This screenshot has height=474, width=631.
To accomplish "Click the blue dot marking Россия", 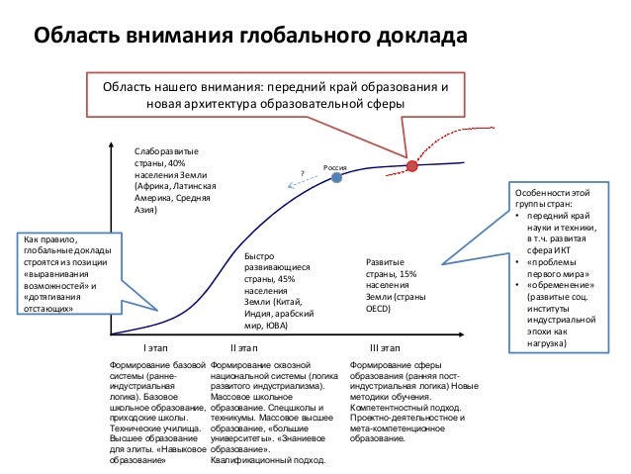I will (x=337, y=180).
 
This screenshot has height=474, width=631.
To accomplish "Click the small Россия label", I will (x=335, y=167).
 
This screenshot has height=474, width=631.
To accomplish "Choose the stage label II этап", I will (x=242, y=348).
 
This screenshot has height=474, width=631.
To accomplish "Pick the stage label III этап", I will (x=384, y=348).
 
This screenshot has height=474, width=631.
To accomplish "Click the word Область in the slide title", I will (x=76, y=38).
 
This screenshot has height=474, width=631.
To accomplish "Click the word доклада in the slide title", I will (x=421, y=38).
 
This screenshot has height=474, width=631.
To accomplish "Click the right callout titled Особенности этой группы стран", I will (x=560, y=267).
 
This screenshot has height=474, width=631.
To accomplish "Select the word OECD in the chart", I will (x=380, y=310).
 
